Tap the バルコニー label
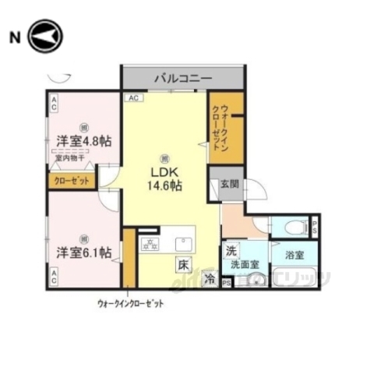point(183,79)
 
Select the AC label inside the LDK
point(132,97)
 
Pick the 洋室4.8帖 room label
point(83,142)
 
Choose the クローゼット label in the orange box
point(71,180)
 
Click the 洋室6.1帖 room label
point(83,252)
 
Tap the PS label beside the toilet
point(315,228)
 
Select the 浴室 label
point(295,255)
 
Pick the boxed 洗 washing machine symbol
point(231,251)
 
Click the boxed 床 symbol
point(182,263)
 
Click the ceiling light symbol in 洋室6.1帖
point(83,237)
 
